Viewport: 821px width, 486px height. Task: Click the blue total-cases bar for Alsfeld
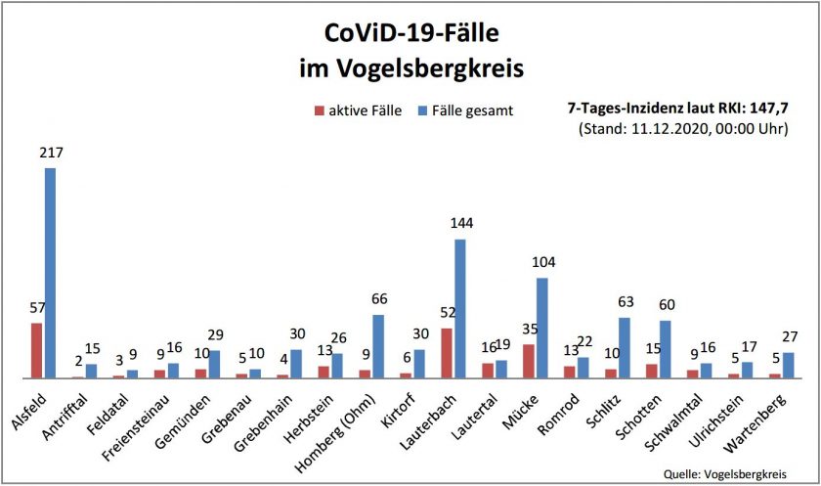pyautogui.click(x=50, y=273)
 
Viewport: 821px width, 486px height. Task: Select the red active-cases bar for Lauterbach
pyautogui.click(x=447, y=353)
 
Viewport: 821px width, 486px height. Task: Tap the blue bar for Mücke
pyautogui.click(x=542, y=328)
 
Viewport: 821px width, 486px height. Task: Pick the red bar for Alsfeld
pyautogui.click(x=36, y=350)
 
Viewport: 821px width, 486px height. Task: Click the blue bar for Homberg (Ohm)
pyautogui.click(x=378, y=346)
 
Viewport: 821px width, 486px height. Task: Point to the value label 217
pyautogui.click(x=49, y=154)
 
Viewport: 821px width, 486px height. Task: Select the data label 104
pyautogui.click(x=542, y=264)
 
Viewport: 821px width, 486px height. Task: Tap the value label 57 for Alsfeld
pyautogui.click(x=37, y=308)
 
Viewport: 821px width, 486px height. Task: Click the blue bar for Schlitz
pyautogui.click(x=625, y=348)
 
